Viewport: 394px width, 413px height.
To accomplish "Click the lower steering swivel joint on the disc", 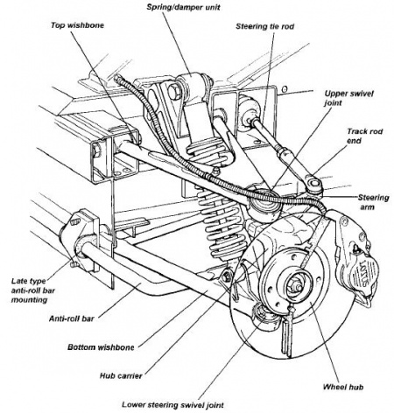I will click(x=259, y=316).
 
